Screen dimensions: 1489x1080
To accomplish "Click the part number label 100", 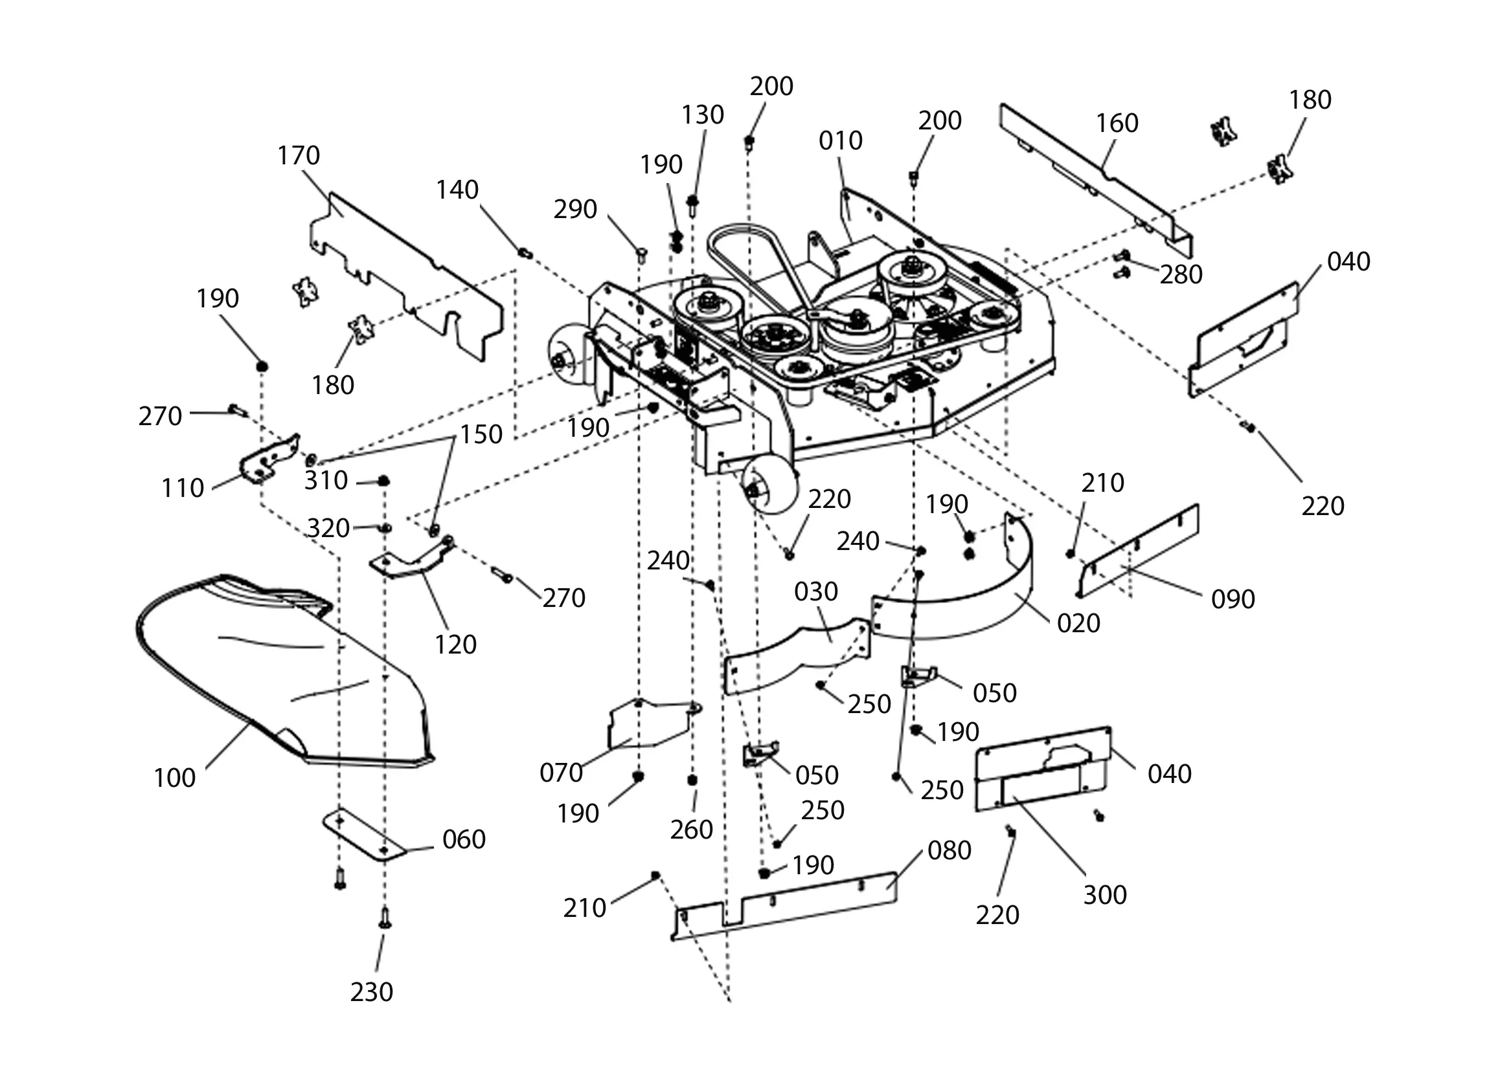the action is (175, 778).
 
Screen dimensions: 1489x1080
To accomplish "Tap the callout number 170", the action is (299, 155).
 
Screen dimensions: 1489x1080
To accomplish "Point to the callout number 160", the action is (1117, 123).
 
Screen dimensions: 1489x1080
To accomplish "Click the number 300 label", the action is (1105, 895).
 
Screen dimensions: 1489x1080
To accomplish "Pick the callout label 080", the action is (949, 850).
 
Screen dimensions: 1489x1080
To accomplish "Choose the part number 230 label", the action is (372, 992).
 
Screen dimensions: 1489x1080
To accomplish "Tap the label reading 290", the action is (575, 209).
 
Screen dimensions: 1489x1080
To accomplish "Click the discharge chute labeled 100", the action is (282, 669).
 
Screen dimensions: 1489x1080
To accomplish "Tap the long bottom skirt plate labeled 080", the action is (784, 905).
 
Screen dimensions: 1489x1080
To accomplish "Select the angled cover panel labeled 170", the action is (407, 276).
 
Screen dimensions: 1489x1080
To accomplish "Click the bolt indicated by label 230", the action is (385, 918).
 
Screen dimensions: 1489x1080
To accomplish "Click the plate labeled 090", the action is (1139, 551).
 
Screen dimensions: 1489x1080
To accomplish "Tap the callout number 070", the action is (562, 773).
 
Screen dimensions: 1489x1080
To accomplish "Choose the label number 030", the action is (816, 592).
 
